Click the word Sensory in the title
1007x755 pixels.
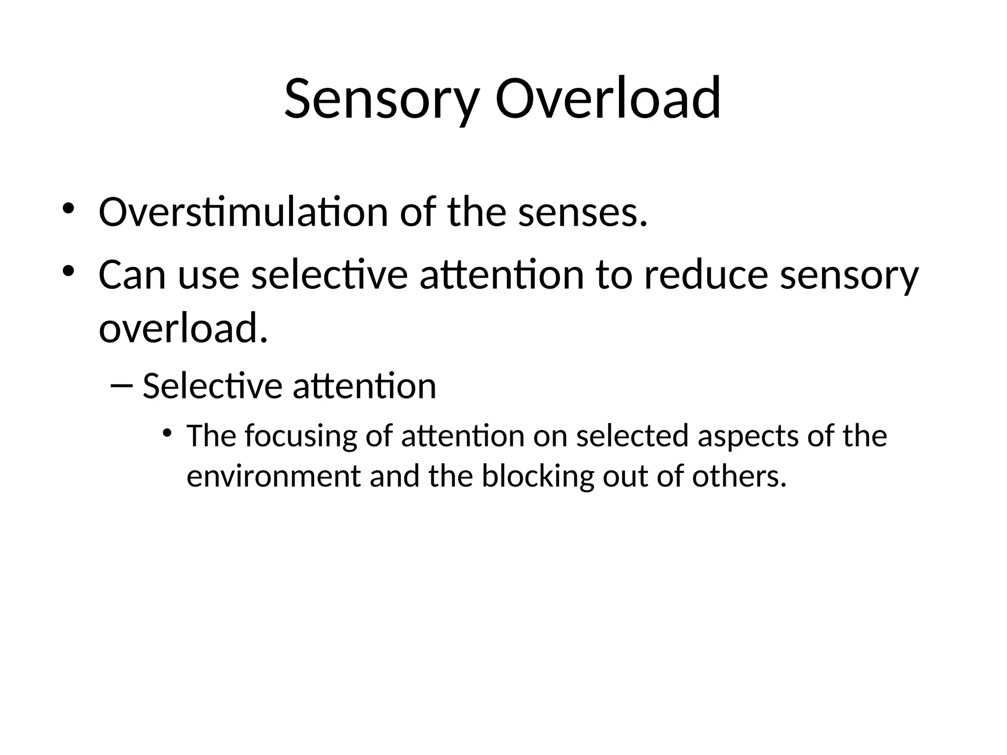(381, 98)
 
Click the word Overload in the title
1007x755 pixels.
(608, 98)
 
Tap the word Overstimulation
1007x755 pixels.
(243, 212)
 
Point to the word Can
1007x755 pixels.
(132, 275)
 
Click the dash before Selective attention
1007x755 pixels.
(121, 385)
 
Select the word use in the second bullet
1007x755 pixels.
(208, 276)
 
